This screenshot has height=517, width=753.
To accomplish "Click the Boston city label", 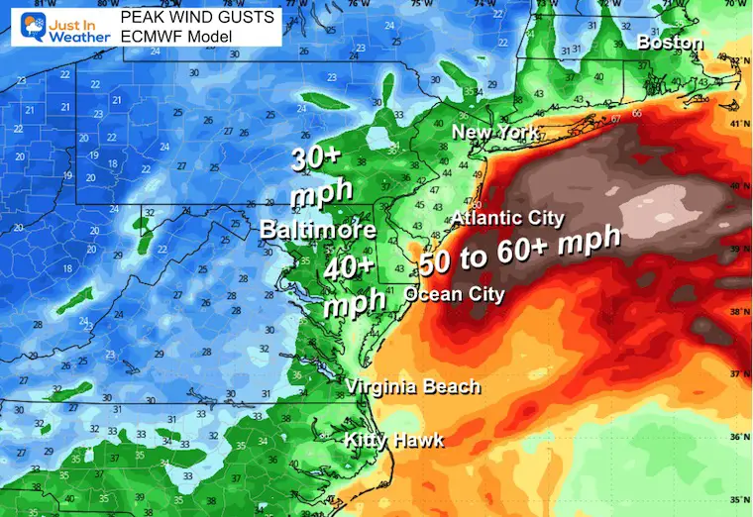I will (x=671, y=43).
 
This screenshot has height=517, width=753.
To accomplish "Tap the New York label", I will (x=495, y=132).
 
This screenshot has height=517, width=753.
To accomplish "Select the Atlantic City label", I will (x=507, y=218).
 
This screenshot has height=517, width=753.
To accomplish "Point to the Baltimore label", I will (x=317, y=230).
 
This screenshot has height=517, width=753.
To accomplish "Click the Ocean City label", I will (x=456, y=294).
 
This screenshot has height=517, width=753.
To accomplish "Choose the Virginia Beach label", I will (x=412, y=386).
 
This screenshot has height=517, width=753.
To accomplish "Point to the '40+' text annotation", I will (x=351, y=267).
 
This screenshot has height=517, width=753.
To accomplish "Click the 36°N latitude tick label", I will (x=740, y=437).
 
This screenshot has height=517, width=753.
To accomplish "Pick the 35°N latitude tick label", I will (x=740, y=501).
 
